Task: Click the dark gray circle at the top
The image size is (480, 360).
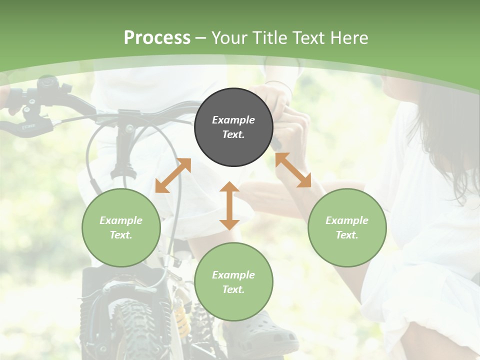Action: (233, 127)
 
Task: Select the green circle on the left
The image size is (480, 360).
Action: (121, 228)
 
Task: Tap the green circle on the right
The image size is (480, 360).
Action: (347, 228)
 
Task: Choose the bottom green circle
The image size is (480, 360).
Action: (233, 282)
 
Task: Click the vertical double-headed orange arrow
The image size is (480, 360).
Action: (229, 205)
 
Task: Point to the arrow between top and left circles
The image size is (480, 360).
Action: (173, 175)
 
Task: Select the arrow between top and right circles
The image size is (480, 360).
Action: (293, 170)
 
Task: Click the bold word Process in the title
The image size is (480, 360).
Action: (157, 37)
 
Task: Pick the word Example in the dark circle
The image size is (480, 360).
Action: (233, 120)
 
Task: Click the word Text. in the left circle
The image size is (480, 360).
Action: (121, 235)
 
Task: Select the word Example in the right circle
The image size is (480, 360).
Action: (347, 220)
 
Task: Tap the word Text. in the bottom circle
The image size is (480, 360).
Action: (233, 289)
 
